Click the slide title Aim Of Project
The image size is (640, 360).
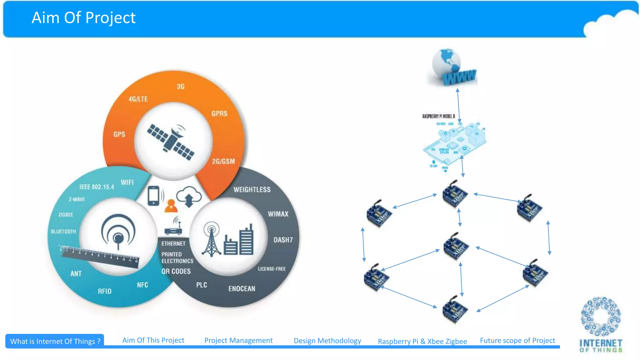(x=83, y=18)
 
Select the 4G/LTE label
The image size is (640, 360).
(x=138, y=99)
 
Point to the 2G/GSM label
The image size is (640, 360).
(x=223, y=161)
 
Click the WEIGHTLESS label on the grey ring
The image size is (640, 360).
(x=252, y=190)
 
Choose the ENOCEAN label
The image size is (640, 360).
(x=242, y=288)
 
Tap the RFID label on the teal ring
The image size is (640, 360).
(x=105, y=291)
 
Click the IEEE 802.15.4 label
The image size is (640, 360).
(x=97, y=187)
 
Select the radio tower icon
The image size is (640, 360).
(x=212, y=239)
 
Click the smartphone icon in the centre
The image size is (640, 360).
(x=154, y=196)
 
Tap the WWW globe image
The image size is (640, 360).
(x=452, y=68)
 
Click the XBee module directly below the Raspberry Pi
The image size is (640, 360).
(x=455, y=194)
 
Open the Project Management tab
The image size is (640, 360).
(x=238, y=340)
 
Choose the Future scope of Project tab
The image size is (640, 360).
(x=517, y=340)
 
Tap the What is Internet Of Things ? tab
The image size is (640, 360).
(x=55, y=341)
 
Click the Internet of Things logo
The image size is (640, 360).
(x=601, y=325)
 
